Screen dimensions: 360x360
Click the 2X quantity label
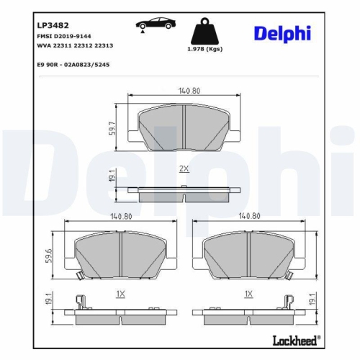[x=183, y=168]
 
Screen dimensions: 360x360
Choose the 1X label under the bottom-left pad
[x=120, y=294]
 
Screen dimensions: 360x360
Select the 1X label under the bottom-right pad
[x=248, y=294]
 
